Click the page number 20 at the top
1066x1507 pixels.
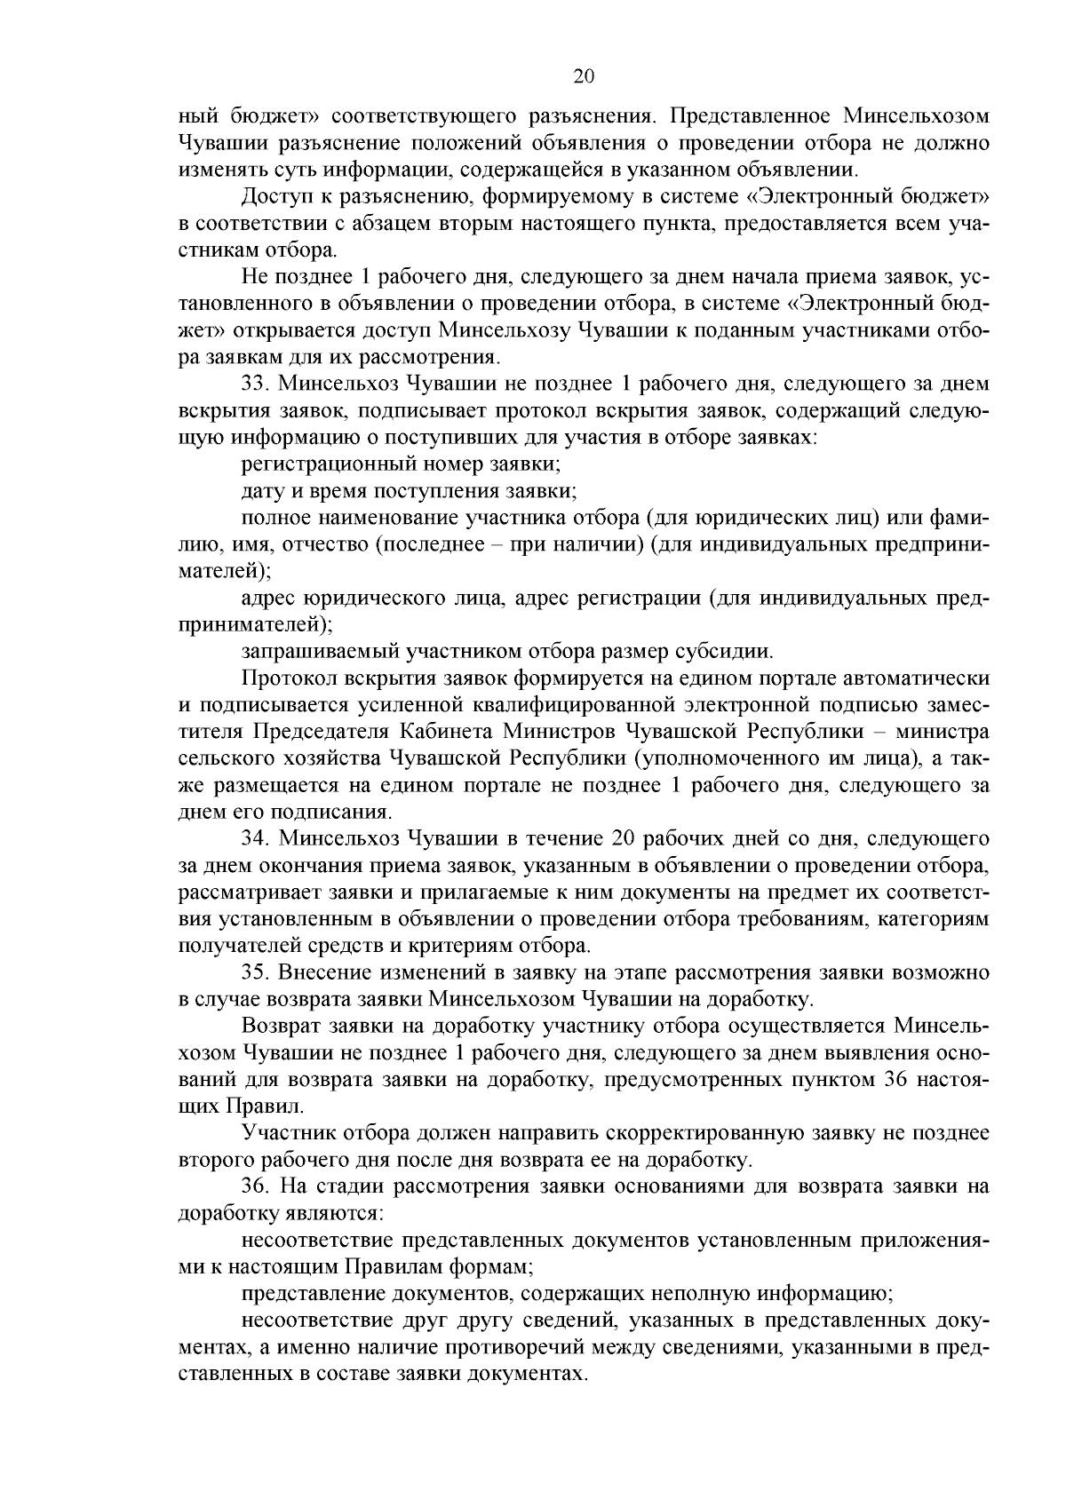[583, 76]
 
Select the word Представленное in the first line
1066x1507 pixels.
[746, 115]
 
